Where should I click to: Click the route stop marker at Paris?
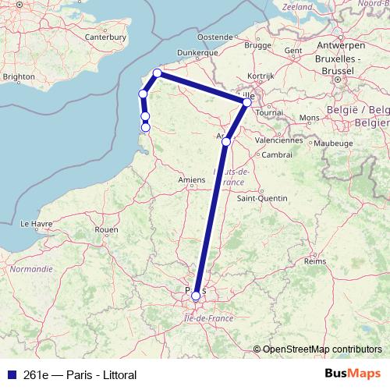click(196, 296)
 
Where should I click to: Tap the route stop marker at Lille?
click(247, 102)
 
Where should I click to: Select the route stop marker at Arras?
click(226, 142)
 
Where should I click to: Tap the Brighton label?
click(19, 76)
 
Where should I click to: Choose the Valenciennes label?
click(279, 141)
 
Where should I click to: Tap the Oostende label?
click(216, 37)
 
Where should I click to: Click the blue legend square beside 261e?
click(10, 373)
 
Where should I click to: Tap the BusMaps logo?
click(351, 373)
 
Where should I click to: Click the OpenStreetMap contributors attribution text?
click(322, 349)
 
